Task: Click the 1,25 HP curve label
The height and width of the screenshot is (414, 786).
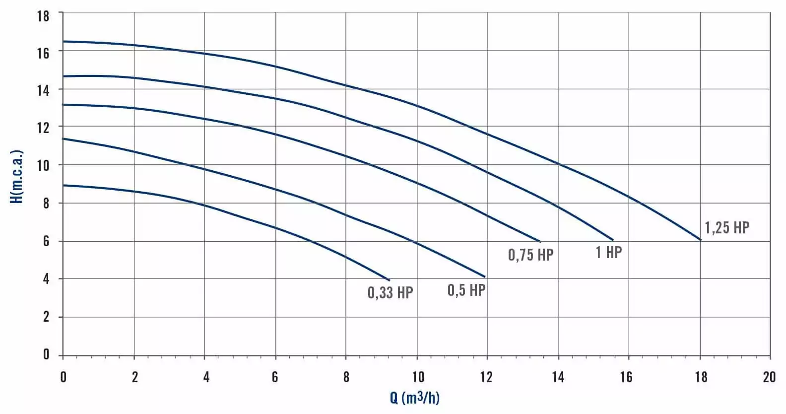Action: [727, 228]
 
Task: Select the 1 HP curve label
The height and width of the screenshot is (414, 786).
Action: [608, 253]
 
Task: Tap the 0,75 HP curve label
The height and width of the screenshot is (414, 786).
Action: [530, 255]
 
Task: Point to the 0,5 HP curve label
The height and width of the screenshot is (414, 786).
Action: [466, 290]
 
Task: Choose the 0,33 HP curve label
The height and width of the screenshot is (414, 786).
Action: [390, 293]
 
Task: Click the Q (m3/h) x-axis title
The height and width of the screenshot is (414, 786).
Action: [415, 398]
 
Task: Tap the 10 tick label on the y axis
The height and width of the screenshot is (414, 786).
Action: [44, 165]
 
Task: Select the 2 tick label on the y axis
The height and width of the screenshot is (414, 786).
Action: [46, 317]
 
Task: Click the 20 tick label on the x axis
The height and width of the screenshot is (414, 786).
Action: [769, 377]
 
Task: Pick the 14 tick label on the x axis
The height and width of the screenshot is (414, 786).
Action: [558, 377]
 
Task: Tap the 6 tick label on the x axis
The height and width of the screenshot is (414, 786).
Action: [275, 377]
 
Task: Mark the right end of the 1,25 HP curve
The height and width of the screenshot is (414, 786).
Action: [701, 240]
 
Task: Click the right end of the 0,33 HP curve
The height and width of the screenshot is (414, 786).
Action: [390, 280]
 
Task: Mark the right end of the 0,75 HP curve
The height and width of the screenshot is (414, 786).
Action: [540, 242]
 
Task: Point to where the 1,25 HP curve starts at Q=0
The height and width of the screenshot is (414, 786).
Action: [64, 42]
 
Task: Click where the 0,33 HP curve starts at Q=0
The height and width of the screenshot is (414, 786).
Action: [64, 185]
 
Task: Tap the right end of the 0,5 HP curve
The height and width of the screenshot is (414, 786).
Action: [484, 276]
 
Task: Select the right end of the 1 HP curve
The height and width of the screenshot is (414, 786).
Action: [613, 240]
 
